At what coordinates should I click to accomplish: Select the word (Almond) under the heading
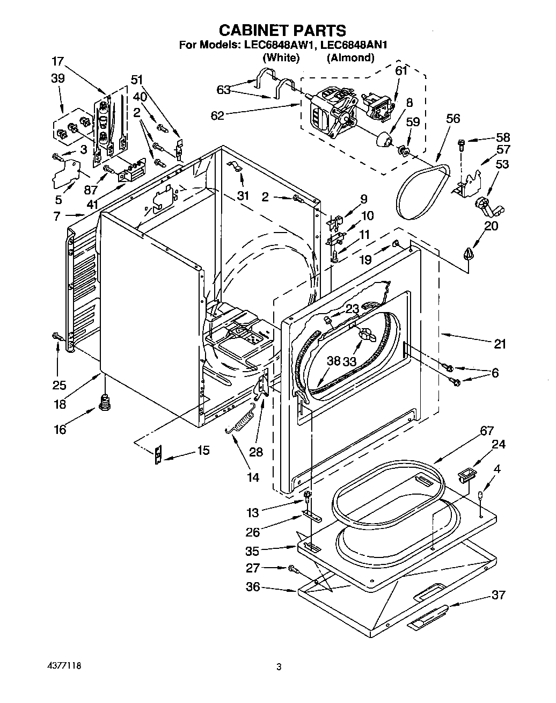[x=350, y=57]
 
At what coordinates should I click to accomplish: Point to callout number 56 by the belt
[x=453, y=119]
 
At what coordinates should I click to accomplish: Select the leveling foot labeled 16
[x=105, y=401]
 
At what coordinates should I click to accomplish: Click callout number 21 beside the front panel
[x=500, y=344]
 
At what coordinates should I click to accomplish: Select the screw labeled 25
[x=56, y=336]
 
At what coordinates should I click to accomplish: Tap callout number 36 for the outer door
[x=252, y=587]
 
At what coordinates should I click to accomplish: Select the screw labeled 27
[x=292, y=568]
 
